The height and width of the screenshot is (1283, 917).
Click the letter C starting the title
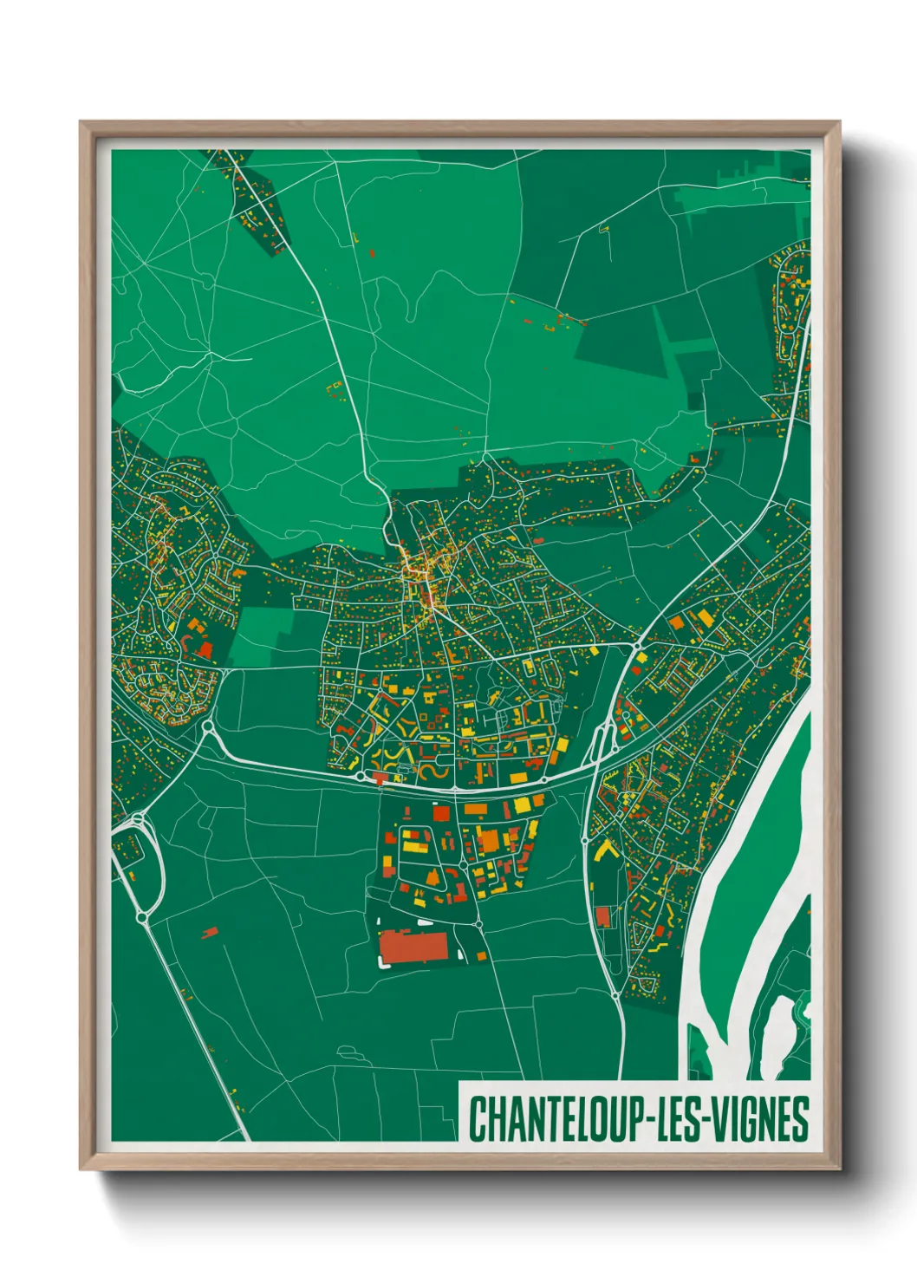478,1119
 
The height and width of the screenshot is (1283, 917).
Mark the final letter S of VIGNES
801,1119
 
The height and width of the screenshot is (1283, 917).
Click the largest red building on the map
413,946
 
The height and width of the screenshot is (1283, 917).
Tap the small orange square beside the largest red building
481,956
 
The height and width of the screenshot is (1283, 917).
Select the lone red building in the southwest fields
209,933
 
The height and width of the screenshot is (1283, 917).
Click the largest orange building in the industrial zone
489,841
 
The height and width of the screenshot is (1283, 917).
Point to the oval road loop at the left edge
149,867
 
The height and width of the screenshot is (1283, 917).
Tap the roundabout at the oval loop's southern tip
142,916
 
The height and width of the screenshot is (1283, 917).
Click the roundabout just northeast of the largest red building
478,924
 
